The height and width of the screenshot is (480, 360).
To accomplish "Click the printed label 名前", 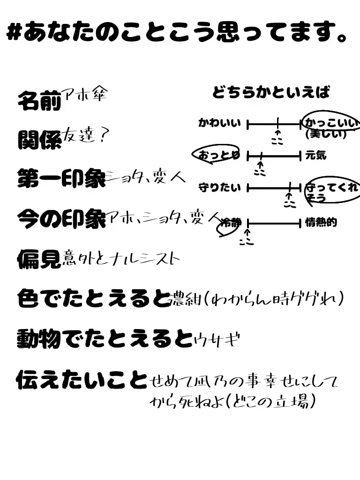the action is coord(39,100).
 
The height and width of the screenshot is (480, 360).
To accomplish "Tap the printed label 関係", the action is coord(39,139).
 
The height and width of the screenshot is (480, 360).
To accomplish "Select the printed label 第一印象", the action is coord(61,178).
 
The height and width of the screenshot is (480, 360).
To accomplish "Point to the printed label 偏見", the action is coord(39,257).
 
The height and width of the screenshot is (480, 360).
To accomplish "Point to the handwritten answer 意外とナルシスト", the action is coord(121,258).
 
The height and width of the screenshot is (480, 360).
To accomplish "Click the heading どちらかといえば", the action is coord(271,92).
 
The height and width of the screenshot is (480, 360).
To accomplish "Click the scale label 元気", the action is coord(315,155).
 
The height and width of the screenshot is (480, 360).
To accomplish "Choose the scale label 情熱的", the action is coord(321,222).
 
